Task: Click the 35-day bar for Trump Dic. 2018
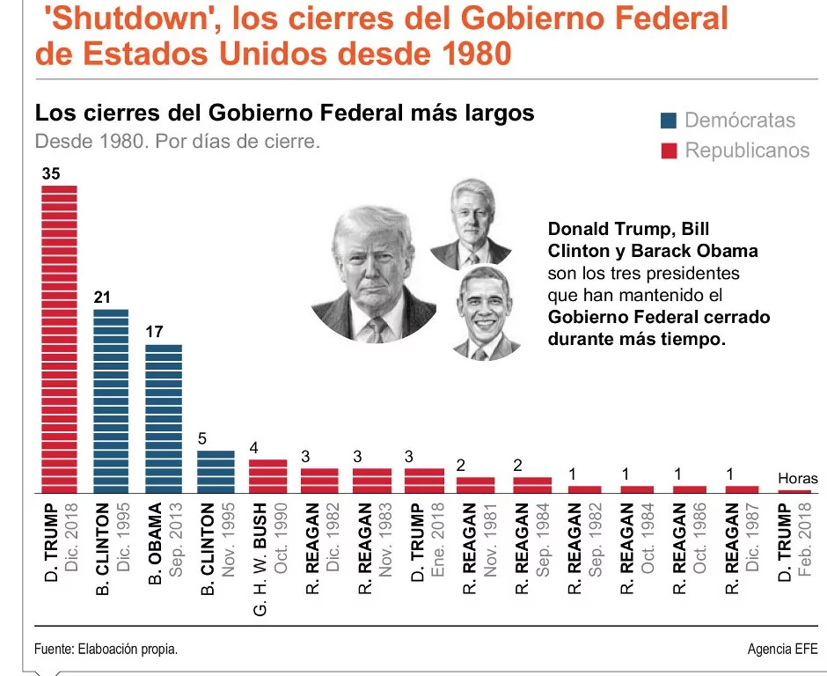60,338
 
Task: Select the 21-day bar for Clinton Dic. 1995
111,400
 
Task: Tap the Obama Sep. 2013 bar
163,418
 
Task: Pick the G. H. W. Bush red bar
267,475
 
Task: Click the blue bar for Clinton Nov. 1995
215,471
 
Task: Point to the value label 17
154,333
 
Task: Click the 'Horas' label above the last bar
797,479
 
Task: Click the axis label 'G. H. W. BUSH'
260,559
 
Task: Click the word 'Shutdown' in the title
121,18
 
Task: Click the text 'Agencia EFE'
781,649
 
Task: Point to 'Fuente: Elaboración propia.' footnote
106,649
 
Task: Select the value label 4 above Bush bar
253,447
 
